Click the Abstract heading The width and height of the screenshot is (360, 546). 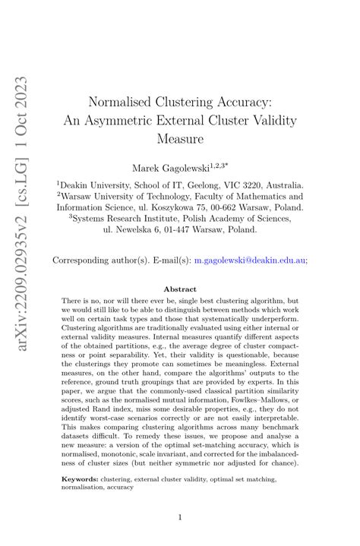(179, 289)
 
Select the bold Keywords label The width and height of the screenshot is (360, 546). (80, 480)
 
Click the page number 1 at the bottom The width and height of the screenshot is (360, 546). (180, 517)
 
